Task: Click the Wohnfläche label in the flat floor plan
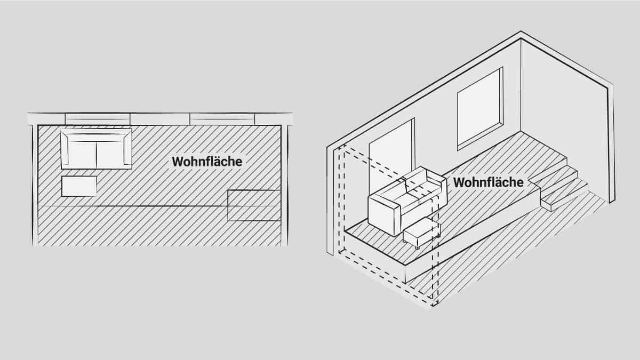207,162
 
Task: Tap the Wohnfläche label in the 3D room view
489,182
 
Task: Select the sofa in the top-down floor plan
97,149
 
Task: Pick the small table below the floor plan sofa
79,186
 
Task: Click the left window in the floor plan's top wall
98,119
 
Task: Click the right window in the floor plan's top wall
222,119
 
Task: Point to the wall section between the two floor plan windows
160,119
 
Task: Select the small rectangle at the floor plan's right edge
254,205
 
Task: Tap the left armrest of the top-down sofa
65,149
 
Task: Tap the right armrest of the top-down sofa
127,149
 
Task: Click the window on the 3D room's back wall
480,109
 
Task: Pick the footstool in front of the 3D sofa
422,233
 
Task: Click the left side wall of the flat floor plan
35,186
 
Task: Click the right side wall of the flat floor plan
285,186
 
